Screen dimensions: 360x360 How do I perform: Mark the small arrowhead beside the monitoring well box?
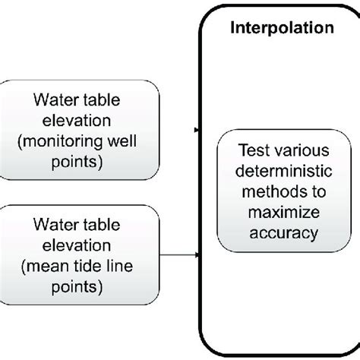click(197, 131)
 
